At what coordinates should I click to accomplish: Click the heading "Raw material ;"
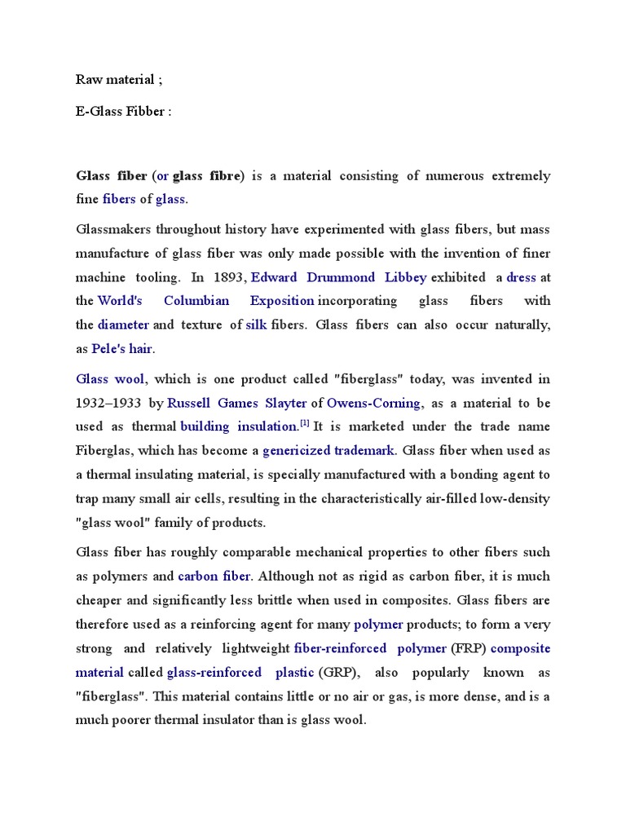[115, 79]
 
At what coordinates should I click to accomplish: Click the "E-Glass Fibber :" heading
[124, 112]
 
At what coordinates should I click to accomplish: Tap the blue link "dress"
[521, 277]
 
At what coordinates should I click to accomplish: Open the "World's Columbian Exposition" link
[206, 301]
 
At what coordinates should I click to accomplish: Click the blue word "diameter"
[123, 325]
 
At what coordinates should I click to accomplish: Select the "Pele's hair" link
[122, 349]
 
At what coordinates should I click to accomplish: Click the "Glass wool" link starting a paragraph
[110, 379]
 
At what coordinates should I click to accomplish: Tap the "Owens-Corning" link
[374, 403]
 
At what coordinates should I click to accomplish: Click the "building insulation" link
[239, 426]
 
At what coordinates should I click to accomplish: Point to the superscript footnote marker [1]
[305, 423]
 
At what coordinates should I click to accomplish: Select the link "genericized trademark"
[328, 450]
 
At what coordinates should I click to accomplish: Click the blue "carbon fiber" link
[214, 577]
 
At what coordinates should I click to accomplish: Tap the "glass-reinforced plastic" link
[240, 673]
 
